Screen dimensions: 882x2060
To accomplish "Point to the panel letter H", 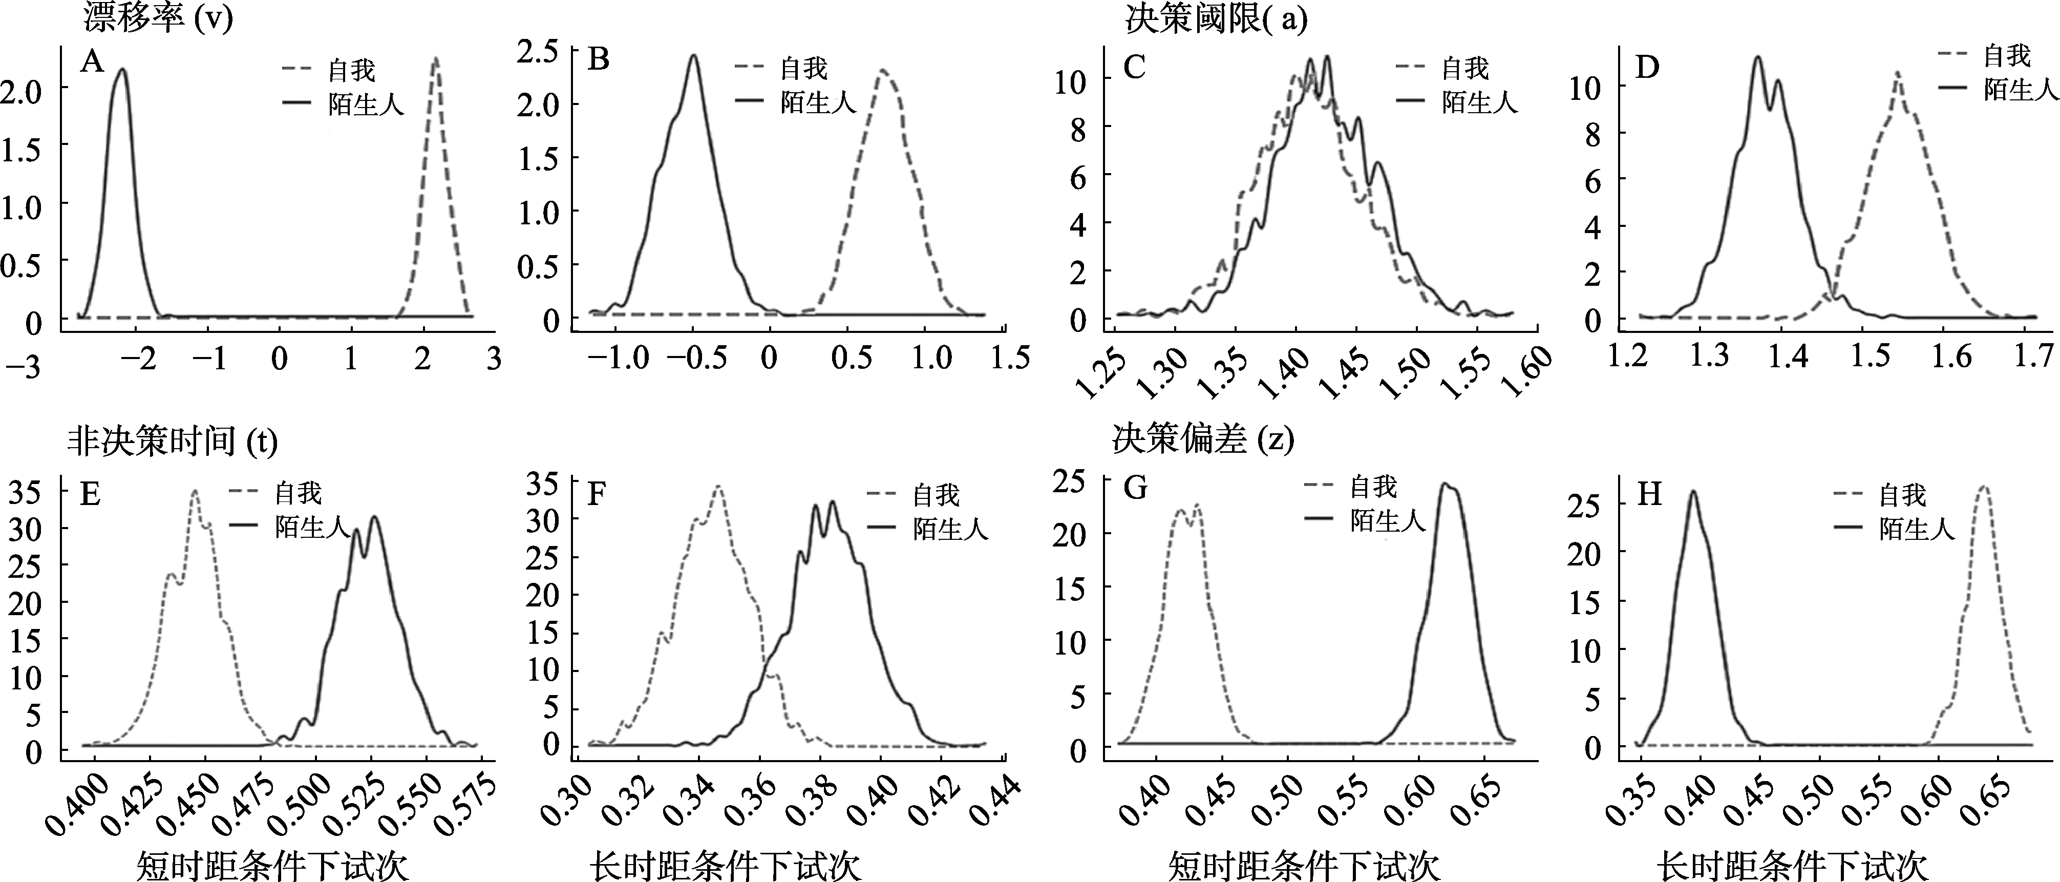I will point(1649,495).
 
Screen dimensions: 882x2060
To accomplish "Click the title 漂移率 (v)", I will point(157,17).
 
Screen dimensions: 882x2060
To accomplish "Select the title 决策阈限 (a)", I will point(1216,17).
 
